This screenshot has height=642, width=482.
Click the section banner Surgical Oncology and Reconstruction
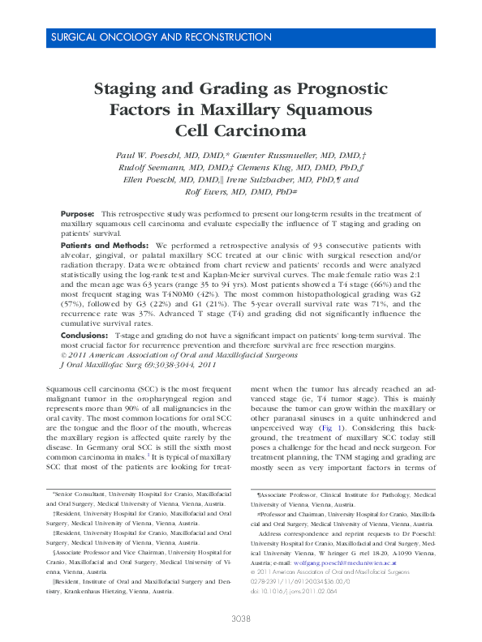pyautogui.click(x=161, y=37)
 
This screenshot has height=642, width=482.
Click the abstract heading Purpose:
pyautogui.click(x=78, y=212)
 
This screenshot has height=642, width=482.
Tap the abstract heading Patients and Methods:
pyautogui.click(x=105, y=245)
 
